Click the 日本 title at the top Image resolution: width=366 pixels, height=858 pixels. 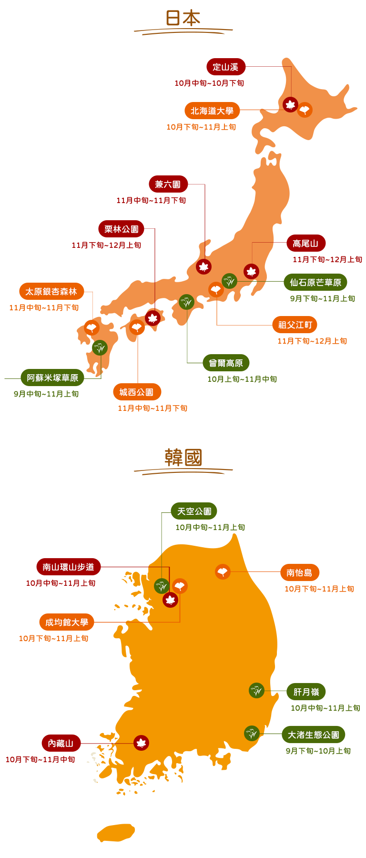[x=183, y=18]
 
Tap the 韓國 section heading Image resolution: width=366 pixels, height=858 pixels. [x=183, y=458]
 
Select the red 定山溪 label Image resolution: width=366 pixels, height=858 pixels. [x=225, y=67]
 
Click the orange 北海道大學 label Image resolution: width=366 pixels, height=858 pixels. [x=212, y=111]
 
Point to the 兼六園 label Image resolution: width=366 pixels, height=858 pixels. [x=168, y=184]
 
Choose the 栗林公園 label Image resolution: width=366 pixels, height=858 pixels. [x=121, y=229]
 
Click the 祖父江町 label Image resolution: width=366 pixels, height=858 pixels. [x=295, y=325]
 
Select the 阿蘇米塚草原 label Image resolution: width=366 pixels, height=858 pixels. [x=52, y=378]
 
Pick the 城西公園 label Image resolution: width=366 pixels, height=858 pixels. [x=137, y=392]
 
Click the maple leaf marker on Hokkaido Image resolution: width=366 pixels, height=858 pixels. [x=290, y=104]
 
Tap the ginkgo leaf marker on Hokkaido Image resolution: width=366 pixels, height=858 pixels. [x=305, y=110]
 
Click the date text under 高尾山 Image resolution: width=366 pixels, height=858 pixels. [x=327, y=260]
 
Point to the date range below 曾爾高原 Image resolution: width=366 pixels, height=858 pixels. [x=242, y=379]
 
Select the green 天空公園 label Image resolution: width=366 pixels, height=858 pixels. [x=194, y=511]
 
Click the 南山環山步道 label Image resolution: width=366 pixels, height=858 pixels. [x=69, y=567]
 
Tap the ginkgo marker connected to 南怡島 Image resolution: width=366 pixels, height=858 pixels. [x=223, y=572]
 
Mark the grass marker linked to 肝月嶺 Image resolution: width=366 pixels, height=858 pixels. [x=256, y=690]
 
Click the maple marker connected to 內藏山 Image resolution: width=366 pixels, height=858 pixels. [x=141, y=743]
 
